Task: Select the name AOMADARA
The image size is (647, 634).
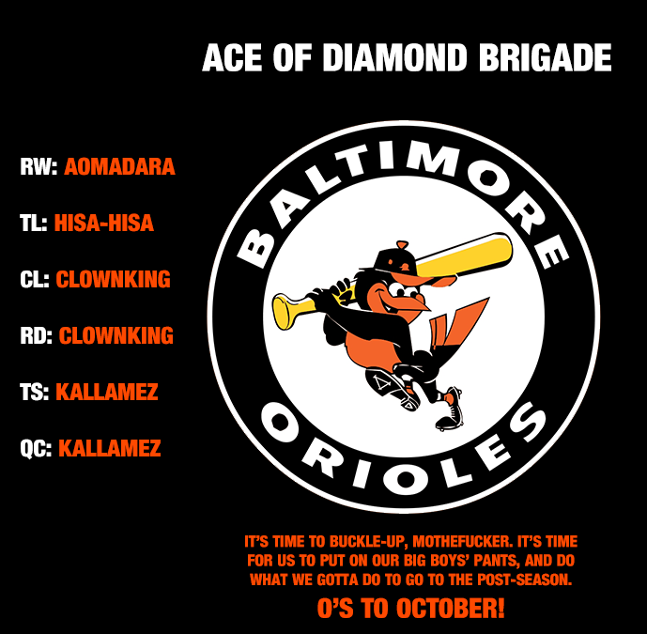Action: click(119, 167)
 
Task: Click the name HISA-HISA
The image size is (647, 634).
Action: click(104, 224)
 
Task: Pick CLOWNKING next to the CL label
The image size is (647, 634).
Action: click(114, 280)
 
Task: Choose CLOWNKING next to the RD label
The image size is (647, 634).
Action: click(116, 336)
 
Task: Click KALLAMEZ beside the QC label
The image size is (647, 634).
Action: click(110, 449)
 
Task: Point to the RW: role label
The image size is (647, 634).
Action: click(39, 167)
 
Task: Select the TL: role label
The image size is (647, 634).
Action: click(34, 224)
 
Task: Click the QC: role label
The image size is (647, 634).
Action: click(36, 449)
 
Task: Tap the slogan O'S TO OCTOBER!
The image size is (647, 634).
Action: click(411, 608)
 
